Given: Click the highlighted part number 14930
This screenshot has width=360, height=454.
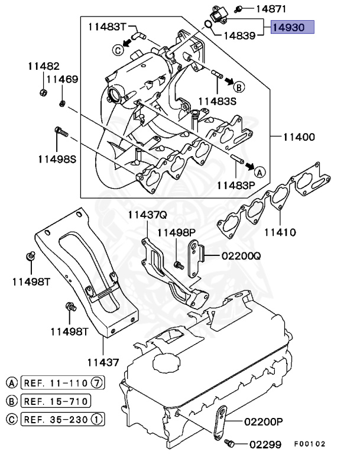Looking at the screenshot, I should tap(293, 28).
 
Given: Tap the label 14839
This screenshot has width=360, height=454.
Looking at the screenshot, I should tap(239, 35).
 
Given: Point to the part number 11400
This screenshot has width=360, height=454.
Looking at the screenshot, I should tap(299, 137).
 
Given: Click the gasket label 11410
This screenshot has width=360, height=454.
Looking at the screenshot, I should tap(280, 232).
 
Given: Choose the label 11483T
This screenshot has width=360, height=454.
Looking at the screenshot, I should tap(108, 27).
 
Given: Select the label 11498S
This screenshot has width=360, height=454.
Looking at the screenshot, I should tap(58, 158).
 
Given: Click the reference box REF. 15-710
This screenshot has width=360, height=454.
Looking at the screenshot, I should tap(56, 402).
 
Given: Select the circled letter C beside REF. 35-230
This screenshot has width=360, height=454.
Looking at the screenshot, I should tap(11, 420).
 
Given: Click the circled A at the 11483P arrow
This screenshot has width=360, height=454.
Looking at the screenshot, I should tap(260, 171).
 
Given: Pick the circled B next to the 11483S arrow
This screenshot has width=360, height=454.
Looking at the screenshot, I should tap(239, 87).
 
